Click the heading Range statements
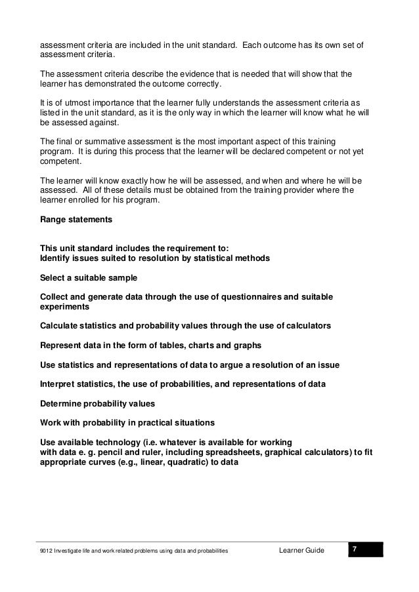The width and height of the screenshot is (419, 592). pos(76,220)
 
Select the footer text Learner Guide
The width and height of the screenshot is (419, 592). pos(301,550)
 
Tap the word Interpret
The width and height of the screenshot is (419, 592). pos(60,383)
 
